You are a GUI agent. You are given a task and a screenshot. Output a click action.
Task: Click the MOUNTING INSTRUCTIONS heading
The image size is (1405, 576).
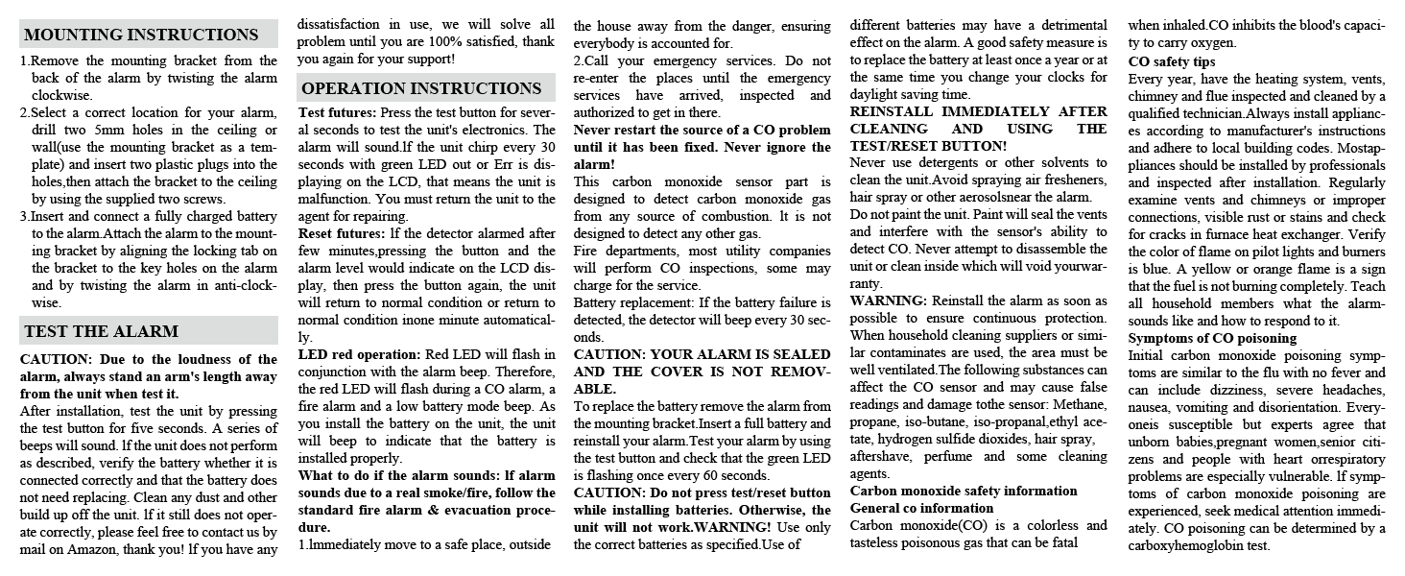coord(141,36)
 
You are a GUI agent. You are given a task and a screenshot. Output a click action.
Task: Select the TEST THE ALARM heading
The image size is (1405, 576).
coord(101,331)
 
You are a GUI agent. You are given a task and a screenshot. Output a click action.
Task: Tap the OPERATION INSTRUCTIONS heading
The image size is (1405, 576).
coord(421,88)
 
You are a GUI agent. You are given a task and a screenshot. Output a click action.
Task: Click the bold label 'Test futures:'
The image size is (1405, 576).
coord(337,112)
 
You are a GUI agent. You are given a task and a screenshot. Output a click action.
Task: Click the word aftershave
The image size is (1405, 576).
coord(886,456)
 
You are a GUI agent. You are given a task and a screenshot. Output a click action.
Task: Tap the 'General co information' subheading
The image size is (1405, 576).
coord(922,508)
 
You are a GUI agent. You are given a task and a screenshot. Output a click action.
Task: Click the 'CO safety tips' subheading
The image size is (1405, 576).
coord(1171,60)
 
